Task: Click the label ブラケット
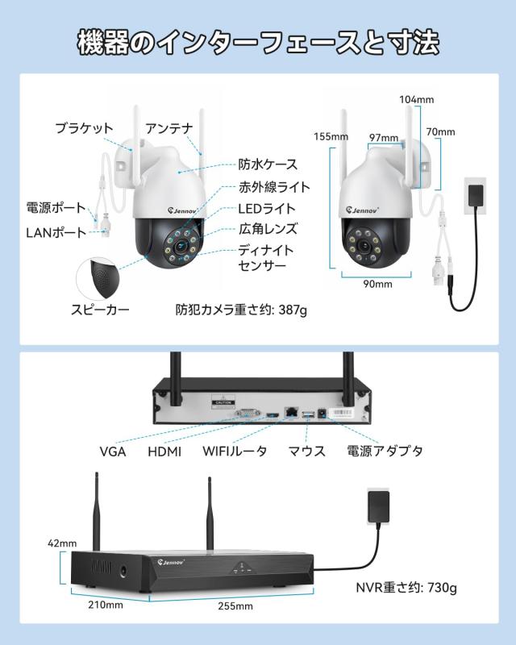[x=84, y=128]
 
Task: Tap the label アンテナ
[x=169, y=128]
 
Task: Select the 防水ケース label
[x=268, y=164]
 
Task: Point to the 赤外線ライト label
[x=273, y=187]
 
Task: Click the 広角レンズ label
[x=268, y=229]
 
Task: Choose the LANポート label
[x=56, y=233]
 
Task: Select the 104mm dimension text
[x=417, y=99]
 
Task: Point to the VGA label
[x=113, y=451]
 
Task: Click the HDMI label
[x=164, y=451]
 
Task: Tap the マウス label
[x=307, y=451]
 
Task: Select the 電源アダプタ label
[x=385, y=451]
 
